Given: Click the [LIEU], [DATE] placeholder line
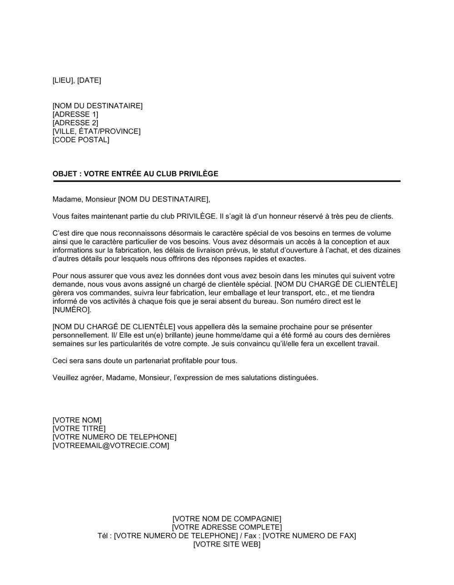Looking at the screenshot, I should [x=77, y=81].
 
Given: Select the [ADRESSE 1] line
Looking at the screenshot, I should [x=75, y=114].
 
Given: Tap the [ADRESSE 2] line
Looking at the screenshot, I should [x=75, y=123].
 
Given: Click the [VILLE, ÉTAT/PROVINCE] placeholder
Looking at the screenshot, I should [x=96, y=132].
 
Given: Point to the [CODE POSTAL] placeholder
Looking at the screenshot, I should [x=81, y=140].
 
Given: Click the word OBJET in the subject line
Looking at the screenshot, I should [x=64, y=174].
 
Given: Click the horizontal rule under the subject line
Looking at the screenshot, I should [x=227, y=181].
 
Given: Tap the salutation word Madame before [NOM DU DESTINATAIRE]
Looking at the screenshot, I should [x=65, y=199].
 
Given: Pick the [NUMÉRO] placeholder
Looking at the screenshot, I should [x=72, y=310].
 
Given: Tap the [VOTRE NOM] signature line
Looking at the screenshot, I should [x=77, y=420].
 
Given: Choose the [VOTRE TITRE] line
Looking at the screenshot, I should [x=79, y=429].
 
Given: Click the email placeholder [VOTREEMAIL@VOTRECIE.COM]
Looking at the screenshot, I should [x=111, y=446].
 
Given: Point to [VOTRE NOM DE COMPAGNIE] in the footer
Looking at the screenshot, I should [x=227, y=519].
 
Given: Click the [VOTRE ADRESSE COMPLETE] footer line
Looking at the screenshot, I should [x=227, y=527].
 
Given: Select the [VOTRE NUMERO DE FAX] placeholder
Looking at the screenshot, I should [x=309, y=536].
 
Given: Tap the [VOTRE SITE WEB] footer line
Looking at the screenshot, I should [x=227, y=545].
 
